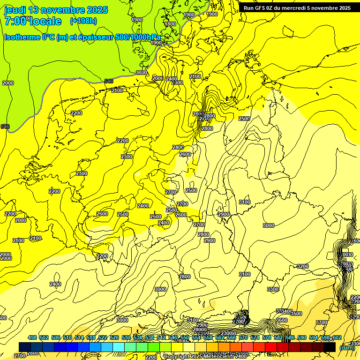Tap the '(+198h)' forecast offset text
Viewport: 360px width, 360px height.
(x=83, y=21)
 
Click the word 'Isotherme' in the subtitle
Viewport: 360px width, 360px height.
(x=22, y=37)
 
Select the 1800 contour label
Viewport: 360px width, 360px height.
(x=170, y=24)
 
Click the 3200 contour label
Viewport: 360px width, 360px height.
(x=303, y=266)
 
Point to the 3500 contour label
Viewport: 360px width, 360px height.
(x=296, y=314)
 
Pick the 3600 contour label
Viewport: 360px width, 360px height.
(x=282, y=320)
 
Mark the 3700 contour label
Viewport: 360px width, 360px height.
(x=322, y=322)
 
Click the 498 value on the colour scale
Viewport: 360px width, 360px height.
(x=32, y=337)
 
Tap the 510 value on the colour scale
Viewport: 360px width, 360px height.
(x=67, y=337)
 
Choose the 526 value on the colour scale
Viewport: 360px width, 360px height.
(x=114, y=337)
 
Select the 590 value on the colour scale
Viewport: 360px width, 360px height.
(x=302, y=337)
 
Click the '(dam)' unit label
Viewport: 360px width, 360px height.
(x=346, y=348)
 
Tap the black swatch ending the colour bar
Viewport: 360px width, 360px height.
(x=330, y=347)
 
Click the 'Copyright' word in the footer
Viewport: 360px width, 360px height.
(x=176, y=357)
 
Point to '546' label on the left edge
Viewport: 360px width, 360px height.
(x=5, y=127)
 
